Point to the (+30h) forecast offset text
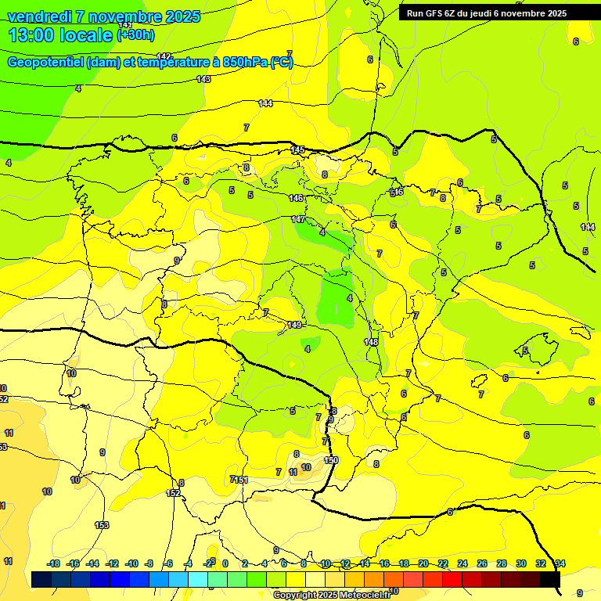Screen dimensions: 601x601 point(135,35)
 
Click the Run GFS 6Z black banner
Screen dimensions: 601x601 point(486,13)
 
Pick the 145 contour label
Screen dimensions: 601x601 point(297,149)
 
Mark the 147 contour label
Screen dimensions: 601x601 point(298,219)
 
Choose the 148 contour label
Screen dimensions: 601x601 point(371,342)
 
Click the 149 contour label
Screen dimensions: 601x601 point(294,324)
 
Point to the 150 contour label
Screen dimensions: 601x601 point(331,460)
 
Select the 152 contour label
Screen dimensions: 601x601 point(173,493)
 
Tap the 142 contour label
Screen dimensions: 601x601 point(164,56)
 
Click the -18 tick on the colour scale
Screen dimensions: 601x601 point(53,563)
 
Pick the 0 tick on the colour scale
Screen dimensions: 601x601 point(225,563)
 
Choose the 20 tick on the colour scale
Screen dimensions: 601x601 point(423,563)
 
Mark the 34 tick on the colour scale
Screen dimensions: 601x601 point(560,563)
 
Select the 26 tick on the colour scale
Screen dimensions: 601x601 point(482,563)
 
